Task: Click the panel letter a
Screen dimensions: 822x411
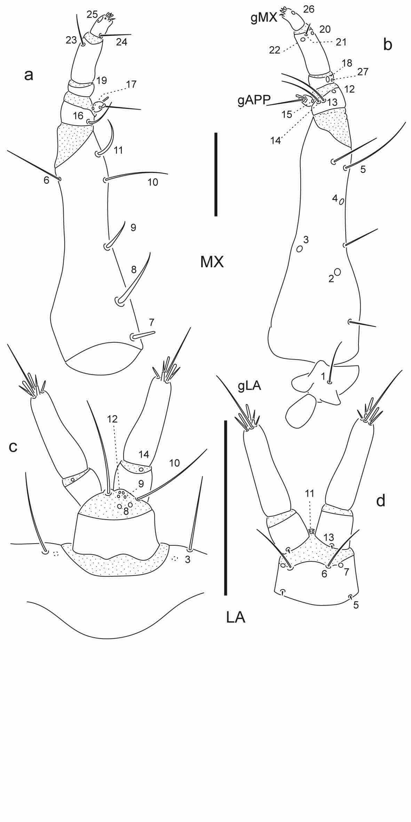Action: click(x=29, y=75)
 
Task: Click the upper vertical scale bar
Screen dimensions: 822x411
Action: click(x=216, y=174)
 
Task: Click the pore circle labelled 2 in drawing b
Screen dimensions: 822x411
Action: click(x=337, y=272)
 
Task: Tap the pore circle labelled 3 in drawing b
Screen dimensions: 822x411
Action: click(x=299, y=249)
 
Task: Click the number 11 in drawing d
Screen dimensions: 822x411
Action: click(x=310, y=493)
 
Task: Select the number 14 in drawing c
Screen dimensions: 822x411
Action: click(x=144, y=454)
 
